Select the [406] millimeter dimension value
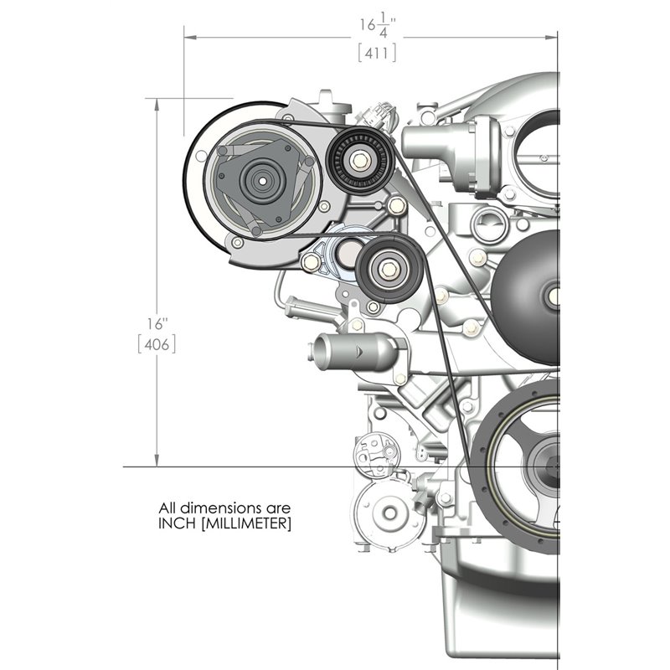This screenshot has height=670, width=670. click(x=157, y=343)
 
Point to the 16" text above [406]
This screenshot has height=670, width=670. click(x=158, y=320)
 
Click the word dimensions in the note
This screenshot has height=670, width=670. click(x=218, y=508)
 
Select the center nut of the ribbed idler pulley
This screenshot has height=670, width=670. click(x=359, y=158)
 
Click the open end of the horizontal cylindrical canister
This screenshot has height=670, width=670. click(x=322, y=348)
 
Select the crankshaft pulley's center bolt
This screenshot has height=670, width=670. click(x=555, y=466)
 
